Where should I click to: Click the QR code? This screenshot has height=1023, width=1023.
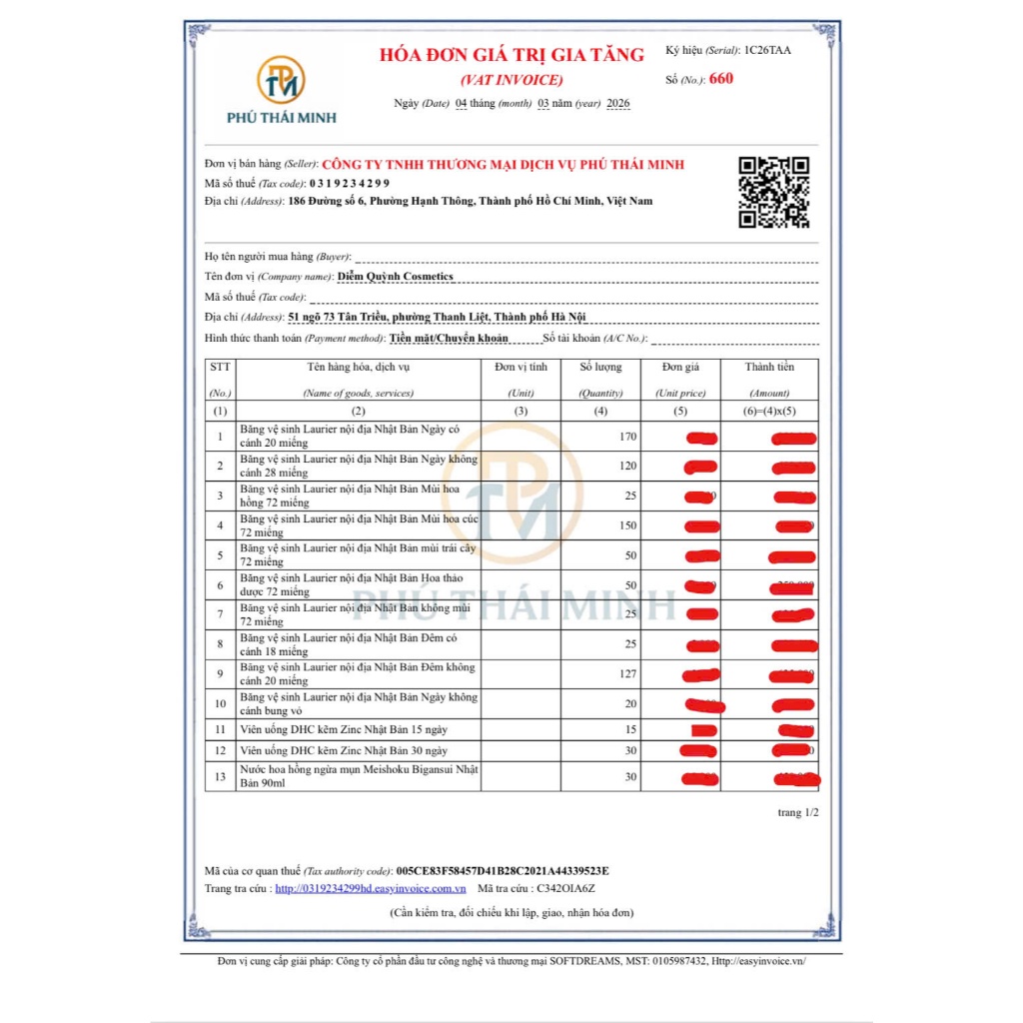773,192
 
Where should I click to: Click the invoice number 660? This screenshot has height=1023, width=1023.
720,79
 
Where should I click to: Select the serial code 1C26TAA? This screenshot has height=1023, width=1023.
766,50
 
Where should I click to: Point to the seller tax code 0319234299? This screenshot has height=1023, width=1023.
349,183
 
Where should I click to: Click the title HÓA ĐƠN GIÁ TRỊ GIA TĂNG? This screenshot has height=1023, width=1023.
511,55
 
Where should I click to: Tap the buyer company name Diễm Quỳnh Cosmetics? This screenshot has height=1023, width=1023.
371,277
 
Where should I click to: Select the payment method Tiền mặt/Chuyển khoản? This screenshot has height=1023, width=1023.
449,338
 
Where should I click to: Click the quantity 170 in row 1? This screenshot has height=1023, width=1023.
626,437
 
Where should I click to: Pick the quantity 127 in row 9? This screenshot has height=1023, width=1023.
626,674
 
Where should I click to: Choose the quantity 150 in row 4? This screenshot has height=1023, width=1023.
626,525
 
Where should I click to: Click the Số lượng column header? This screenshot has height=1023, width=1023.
599,368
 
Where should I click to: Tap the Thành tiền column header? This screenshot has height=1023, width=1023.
769,368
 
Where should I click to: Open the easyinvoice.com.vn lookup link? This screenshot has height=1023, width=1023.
371,887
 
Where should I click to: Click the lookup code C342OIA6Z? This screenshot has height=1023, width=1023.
565,887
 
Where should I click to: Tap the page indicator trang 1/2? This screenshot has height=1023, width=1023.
798,813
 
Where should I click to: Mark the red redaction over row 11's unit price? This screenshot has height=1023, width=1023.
704,730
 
